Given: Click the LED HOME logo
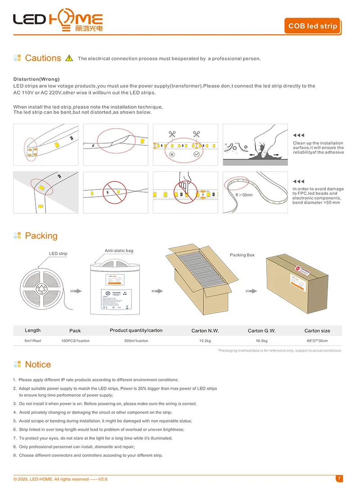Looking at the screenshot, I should click(x=58, y=21).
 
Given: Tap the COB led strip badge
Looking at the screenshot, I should click(x=312, y=26).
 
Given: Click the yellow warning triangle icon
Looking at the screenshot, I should click(x=69, y=58).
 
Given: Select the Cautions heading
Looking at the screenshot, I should click(x=43, y=58).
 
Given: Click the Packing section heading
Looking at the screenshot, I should click(x=41, y=236).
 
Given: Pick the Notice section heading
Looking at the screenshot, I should click(x=38, y=365).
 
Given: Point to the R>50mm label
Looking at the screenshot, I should click(x=244, y=195).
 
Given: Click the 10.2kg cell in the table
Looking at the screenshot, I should click(x=205, y=341).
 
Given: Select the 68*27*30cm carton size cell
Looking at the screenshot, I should click(x=317, y=341).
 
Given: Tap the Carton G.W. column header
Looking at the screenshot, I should click(x=261, y=331).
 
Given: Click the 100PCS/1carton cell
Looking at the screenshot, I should click(x=75, y=341).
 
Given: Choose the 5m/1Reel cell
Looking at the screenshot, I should click(x=33, y=341).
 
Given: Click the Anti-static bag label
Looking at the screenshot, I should click(x=119, y=251).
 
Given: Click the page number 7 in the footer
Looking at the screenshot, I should click(x=339, y=478).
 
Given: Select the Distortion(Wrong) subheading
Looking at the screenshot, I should click(x=36, y=79).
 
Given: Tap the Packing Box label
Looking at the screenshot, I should click(x=242, y=255).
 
